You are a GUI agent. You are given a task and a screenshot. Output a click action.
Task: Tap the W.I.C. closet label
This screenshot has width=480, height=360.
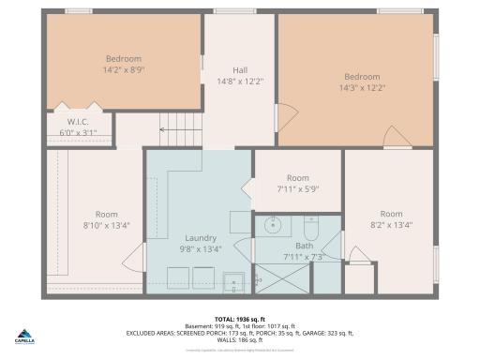(78, 122)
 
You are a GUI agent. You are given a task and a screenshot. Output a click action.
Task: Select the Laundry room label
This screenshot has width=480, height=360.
(202, 238)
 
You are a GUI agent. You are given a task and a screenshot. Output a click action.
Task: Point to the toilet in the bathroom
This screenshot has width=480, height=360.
(311, 227)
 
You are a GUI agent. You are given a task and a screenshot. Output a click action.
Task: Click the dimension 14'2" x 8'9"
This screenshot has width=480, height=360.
(124, 68)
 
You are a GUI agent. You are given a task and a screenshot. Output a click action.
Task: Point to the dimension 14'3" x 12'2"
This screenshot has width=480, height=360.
(362, 88)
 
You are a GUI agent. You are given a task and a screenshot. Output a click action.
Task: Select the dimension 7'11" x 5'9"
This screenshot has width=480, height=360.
(298, 188)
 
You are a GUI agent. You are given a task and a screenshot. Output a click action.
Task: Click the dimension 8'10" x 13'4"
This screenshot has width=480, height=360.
(106, 225)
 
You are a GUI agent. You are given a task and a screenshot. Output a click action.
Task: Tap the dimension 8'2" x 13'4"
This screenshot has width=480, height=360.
(390, 225)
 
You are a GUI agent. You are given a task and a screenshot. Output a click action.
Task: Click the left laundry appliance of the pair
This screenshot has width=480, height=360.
(175, 277)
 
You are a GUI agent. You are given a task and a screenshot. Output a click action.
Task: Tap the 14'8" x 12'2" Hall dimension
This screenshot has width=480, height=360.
(240, 82)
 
